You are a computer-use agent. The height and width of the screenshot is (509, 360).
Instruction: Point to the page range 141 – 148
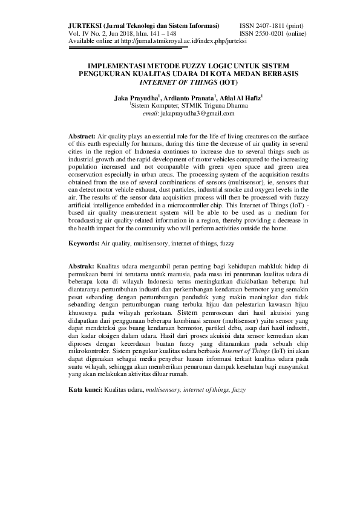(x=160, y=34)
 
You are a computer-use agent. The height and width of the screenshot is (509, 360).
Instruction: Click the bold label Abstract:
(x=82, y=138)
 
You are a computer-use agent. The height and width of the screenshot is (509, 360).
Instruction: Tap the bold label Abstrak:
(x=81, y=266)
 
